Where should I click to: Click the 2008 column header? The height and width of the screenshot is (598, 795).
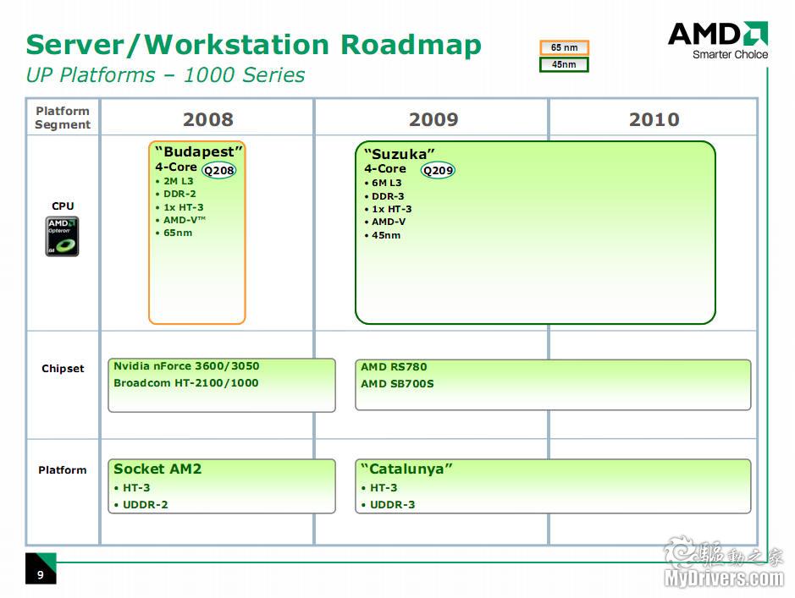coord(207,119)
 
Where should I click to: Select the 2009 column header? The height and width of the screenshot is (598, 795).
coord(433,119)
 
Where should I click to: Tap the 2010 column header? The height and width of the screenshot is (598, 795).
coord(654,119)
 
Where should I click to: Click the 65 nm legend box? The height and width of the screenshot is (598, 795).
coord(564,48)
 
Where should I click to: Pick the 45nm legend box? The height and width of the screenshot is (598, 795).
coord(564,64)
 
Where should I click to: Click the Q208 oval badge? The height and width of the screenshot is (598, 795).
coord(219,170)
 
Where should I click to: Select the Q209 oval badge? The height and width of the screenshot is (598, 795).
coord(438,170)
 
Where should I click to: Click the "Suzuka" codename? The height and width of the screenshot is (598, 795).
coord(400,154)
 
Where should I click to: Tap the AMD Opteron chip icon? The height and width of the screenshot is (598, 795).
coord(62,236)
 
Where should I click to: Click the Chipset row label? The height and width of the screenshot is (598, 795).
coord(63,369)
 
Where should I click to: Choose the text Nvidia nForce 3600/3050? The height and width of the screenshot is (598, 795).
coord(186,366)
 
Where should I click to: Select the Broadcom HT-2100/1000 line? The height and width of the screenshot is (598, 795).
coord(185,383)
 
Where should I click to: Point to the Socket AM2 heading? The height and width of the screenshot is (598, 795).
coord(157,469)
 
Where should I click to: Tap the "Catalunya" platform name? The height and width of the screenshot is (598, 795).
coord(406,469)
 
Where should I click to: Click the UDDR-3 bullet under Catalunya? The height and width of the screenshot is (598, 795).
coord(392,505)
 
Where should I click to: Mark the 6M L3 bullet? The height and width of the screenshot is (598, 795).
coord(386,183)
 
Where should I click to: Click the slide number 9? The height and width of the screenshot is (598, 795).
coord(40,575)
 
